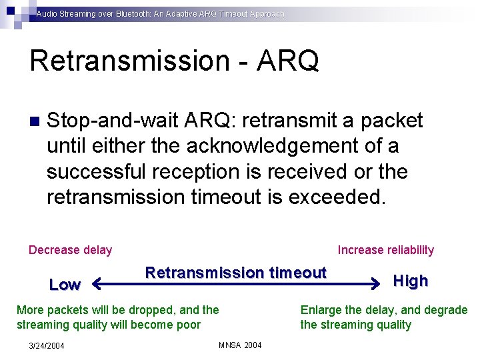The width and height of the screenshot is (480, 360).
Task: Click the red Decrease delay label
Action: click(70, 250)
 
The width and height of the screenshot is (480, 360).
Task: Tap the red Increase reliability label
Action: click(385, 250)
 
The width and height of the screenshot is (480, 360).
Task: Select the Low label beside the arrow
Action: click(65, 285)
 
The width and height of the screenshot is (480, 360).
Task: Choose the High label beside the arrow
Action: click(411, 281)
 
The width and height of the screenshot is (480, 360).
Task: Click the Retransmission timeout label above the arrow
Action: click(235, 273)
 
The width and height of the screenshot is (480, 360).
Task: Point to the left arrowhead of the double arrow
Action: click(95, 285)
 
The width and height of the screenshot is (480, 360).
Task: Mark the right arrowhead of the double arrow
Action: click(375, 285)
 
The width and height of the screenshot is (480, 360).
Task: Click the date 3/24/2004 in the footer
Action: click(47, 345)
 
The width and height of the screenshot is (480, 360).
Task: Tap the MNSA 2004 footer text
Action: click(240, 345)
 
